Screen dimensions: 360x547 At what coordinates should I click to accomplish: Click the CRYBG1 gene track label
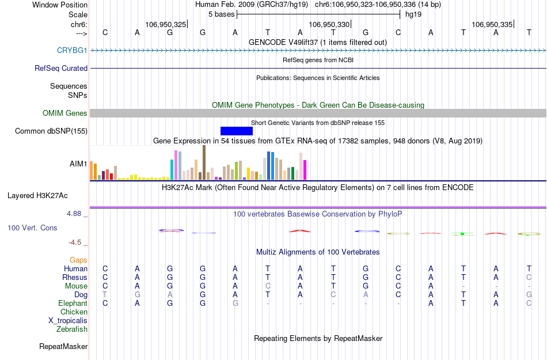(72, 51)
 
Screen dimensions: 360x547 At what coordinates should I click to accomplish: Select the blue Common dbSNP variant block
(236, 131)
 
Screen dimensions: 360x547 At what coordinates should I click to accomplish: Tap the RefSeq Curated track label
(61, 68)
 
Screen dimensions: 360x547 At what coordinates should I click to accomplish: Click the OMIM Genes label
(65, 113)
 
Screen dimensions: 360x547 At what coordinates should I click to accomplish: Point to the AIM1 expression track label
(78, 164)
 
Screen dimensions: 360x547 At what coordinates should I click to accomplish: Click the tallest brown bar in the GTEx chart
(204, 162)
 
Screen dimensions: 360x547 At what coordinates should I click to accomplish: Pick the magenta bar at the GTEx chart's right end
(305, 169)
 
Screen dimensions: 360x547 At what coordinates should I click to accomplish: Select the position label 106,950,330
(329, 24)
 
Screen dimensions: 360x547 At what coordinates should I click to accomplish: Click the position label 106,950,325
(166, 24)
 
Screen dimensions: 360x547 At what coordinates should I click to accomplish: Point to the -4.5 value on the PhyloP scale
(77, 242)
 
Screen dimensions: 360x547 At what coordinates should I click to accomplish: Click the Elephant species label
(73, 303)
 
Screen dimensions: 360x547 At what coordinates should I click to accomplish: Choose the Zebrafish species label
(72, 329)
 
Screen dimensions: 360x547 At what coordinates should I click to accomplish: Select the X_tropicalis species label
(68, 320)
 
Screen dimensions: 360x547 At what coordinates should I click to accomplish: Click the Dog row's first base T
(105, 294)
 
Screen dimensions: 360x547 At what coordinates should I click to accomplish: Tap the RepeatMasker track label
(63, 347)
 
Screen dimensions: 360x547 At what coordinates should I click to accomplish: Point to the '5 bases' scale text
(221, 14)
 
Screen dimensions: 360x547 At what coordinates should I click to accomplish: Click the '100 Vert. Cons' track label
(32, 228)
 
